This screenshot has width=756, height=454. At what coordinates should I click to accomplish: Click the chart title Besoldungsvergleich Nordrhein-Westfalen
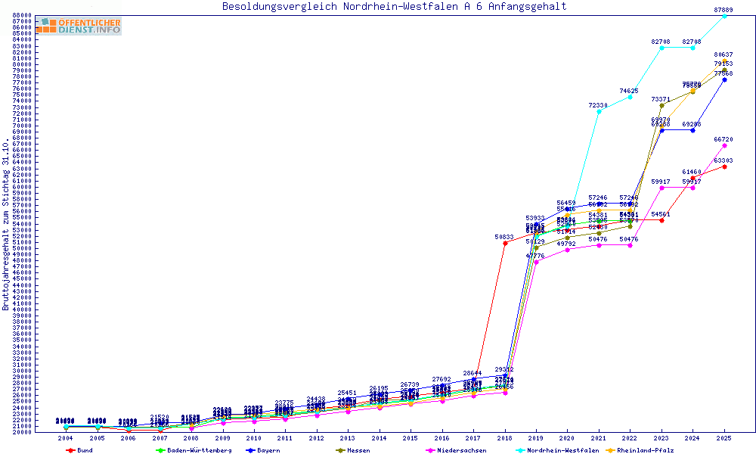coord(394,7)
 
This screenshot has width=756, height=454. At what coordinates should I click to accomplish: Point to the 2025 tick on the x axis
coord(724,438)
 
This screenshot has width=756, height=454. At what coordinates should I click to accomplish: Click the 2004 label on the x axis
coord(67,438)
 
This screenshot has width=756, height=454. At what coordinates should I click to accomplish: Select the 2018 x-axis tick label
coord(505,438)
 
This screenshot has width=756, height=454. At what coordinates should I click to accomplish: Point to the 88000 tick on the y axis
coord(21,15)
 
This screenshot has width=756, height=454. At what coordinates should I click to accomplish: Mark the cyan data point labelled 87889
coord(724,16)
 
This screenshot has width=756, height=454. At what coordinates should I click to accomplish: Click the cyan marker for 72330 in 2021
coord(599,111)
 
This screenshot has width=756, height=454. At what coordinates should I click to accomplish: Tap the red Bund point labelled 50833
coord(505,243)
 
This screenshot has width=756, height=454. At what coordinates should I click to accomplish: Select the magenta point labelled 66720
coord(724,145)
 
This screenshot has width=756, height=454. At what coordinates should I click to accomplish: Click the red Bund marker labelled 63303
coord(724,166)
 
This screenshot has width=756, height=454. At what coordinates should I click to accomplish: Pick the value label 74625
coord(629,91)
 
